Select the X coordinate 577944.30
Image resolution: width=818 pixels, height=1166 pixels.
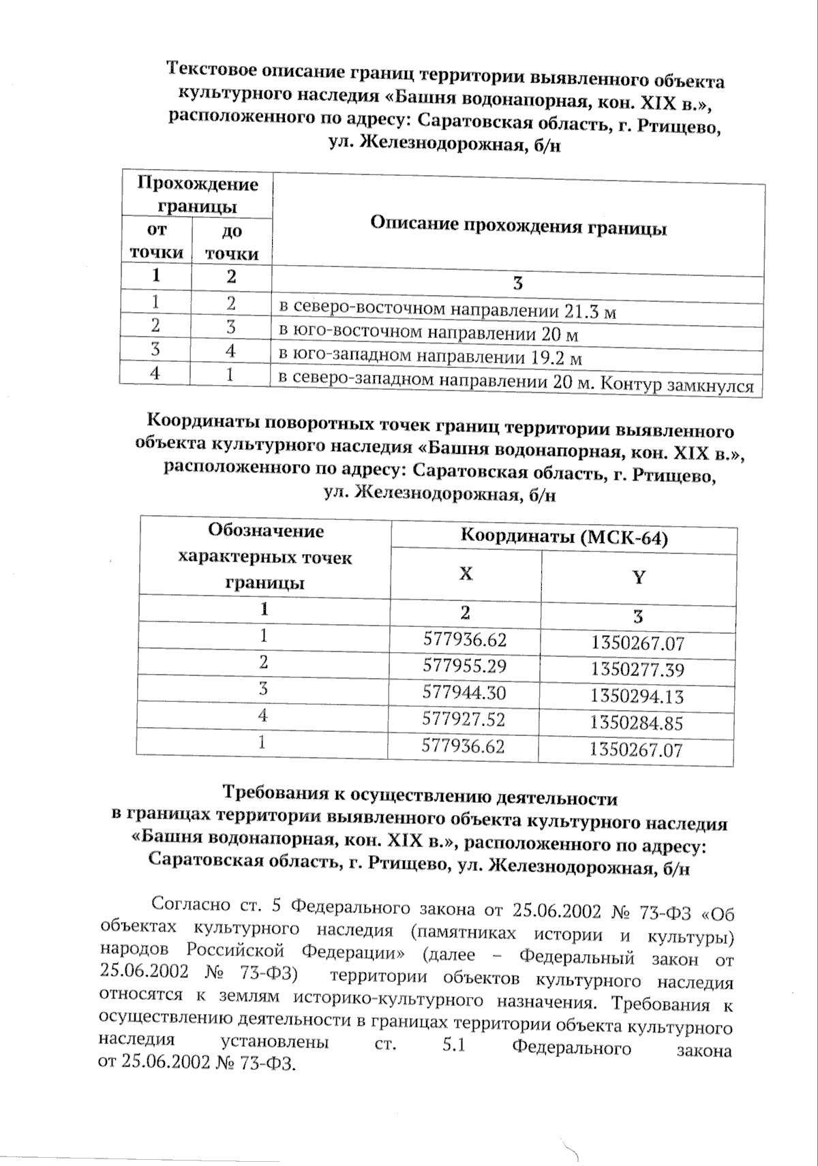464,693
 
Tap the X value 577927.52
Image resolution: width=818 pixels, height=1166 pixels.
464,720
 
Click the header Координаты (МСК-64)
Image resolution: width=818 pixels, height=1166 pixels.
564,538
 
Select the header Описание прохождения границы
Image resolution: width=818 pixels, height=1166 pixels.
518,227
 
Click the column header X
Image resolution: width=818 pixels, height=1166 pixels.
466,574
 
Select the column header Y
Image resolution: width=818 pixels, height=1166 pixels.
639,578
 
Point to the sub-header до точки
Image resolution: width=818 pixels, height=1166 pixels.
232,243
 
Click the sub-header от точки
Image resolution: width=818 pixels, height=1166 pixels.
157,241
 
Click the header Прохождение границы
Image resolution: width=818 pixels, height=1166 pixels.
198,194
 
